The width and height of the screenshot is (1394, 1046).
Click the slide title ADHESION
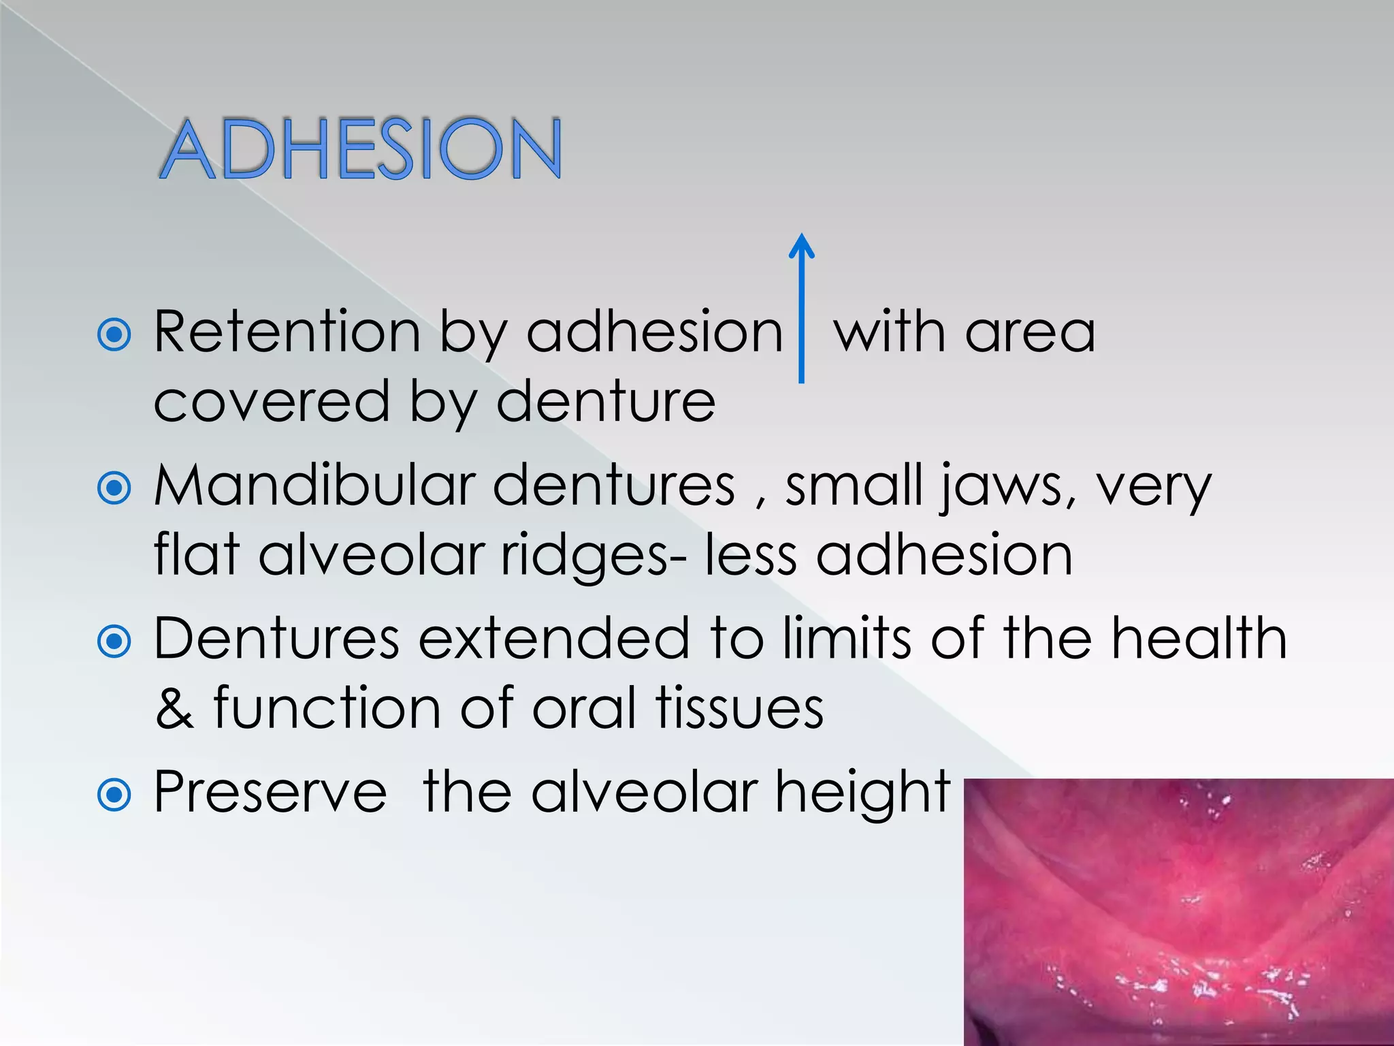click(361, 148)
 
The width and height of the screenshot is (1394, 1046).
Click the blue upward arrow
click(801, 306)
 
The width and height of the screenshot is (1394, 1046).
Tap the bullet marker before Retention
click(114, 334)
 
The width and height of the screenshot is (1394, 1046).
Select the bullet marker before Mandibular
click(114, 488)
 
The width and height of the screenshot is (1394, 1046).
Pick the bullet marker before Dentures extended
click(114, 641)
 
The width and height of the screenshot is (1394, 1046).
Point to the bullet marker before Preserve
click(114, 794)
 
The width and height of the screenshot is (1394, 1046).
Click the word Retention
click(287, 332)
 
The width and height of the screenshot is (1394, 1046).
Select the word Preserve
click(270, 791)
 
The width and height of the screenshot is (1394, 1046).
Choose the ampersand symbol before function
click(174, 708)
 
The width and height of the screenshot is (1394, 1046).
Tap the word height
click(862, 793)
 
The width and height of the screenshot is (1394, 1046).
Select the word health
click(1199, 638)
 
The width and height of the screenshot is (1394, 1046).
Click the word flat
click(197, 554)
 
